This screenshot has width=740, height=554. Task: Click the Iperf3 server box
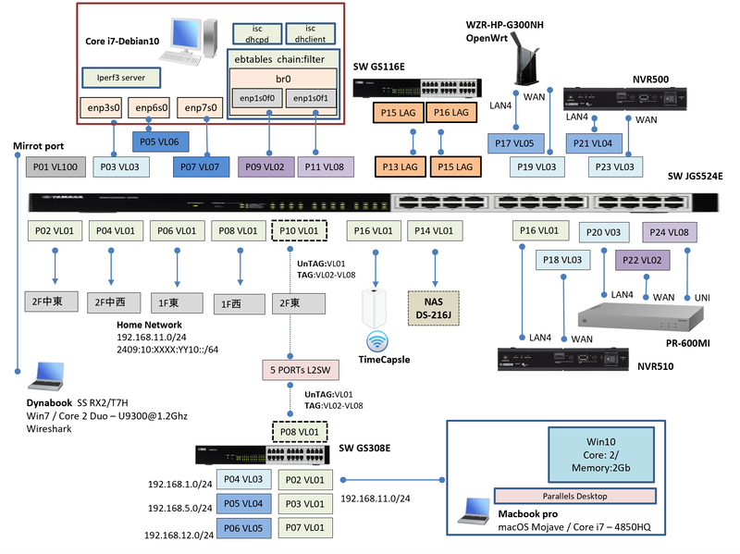point(121,75)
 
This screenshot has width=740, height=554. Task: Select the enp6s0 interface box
point(152,108)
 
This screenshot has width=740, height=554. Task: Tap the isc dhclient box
point(310,34)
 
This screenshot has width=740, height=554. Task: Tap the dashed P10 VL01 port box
point(298,230)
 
